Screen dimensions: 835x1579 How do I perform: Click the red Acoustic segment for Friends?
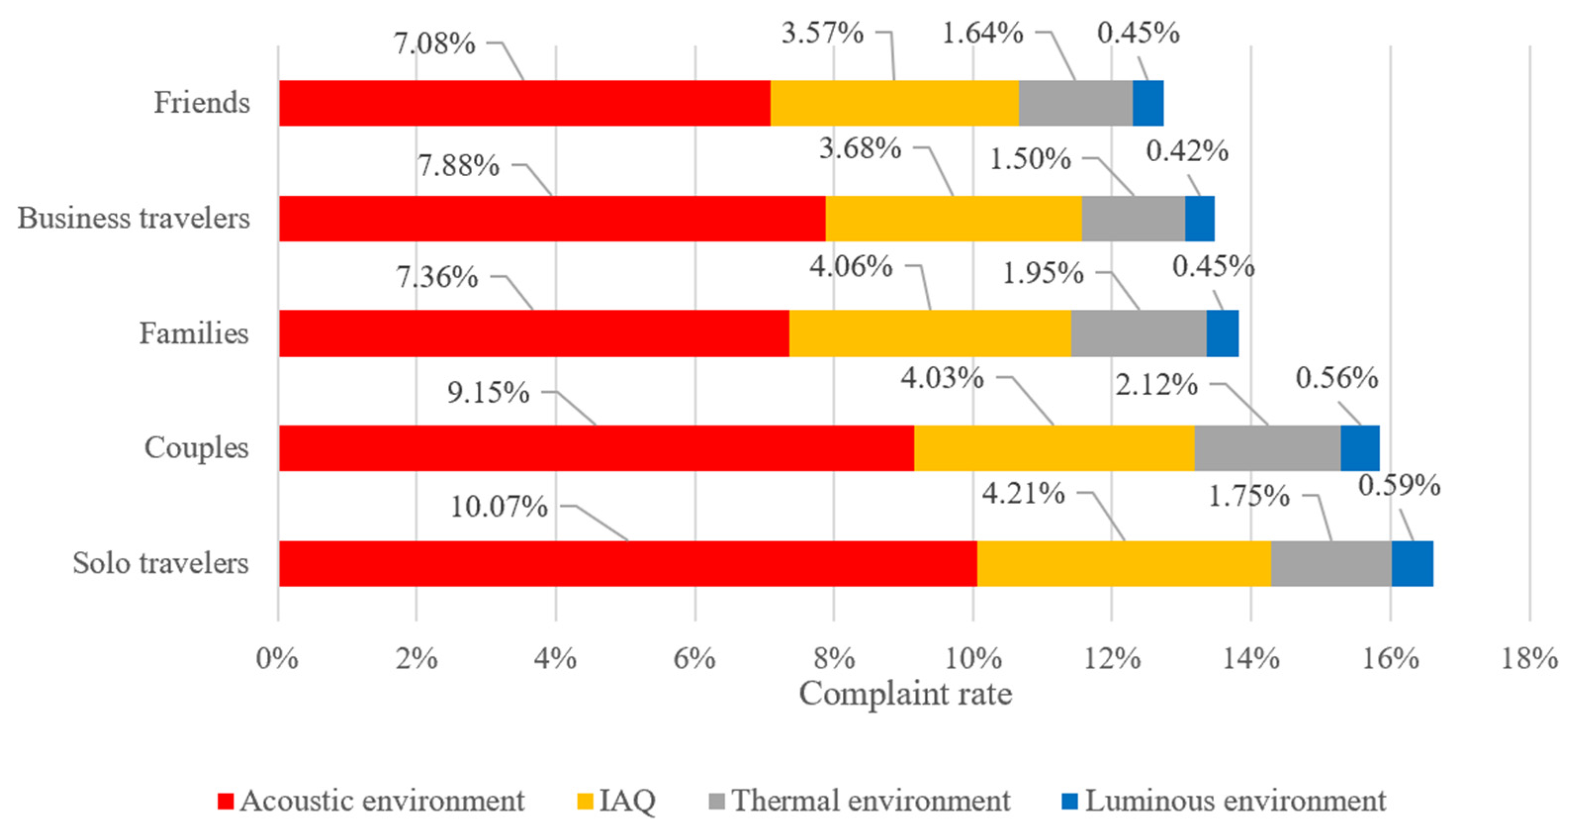point(524,103)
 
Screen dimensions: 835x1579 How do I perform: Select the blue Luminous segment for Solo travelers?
point(1412,563)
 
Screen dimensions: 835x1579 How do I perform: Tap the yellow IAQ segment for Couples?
point(1054,448)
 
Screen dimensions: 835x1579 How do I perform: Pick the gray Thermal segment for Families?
point(1138,333)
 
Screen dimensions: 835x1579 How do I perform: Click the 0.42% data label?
point(1187,151)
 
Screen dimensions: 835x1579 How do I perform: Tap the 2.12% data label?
point(1156,385)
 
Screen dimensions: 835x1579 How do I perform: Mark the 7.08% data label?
point(434,44)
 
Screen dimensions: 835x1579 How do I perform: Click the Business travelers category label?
point(134,218)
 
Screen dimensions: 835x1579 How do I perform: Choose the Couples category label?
point(196,448)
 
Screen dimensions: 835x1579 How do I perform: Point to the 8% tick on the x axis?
point(834,659)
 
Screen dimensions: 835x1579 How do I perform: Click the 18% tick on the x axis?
point(1529,659)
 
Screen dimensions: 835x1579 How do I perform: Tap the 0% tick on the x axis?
point(277,659)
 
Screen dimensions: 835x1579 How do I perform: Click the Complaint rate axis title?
point(905,694)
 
